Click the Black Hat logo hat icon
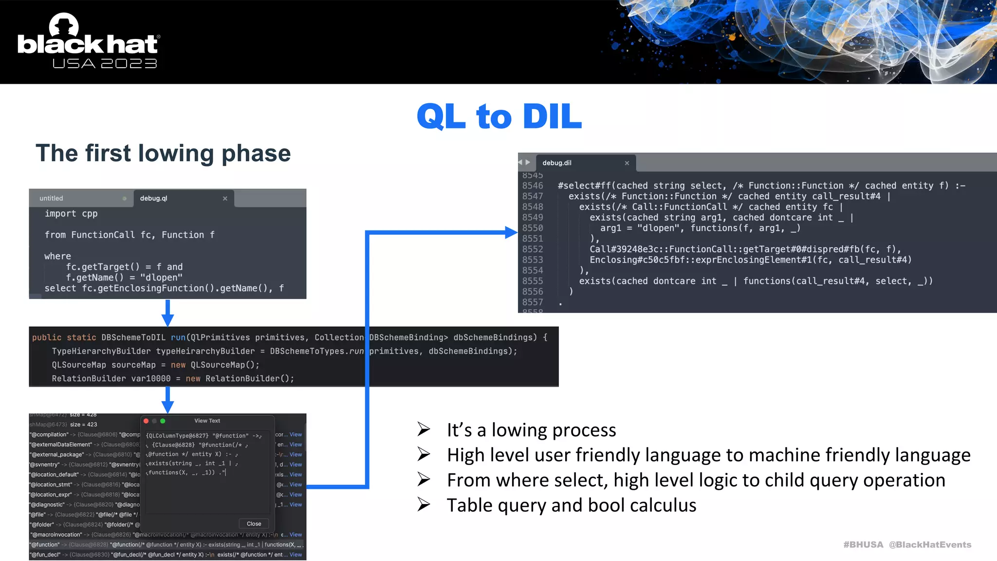[x=64, y=24]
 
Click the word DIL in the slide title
[x=552, y=117]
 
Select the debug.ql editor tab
[x=154, y=198]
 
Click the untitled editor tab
[x=51, y=198]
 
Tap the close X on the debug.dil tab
[x=627, y=163]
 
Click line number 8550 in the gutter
[x=532, y=228]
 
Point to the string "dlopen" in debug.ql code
[x=161, y=278]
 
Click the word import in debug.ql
[x=60, y=213]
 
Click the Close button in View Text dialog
[x=254, y=524]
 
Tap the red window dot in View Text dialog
[x=146, y=421]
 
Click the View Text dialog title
[x=207, y=421]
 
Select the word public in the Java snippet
[x=47, y=337]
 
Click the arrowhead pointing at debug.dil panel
[x=511, y=233]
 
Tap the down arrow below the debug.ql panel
[x=167, y=319]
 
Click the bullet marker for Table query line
[x=424, y=505]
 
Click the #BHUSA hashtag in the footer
[x=863, y=544]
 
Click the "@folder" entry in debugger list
[x=42, y=524]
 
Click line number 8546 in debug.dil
[x=532, y=186]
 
